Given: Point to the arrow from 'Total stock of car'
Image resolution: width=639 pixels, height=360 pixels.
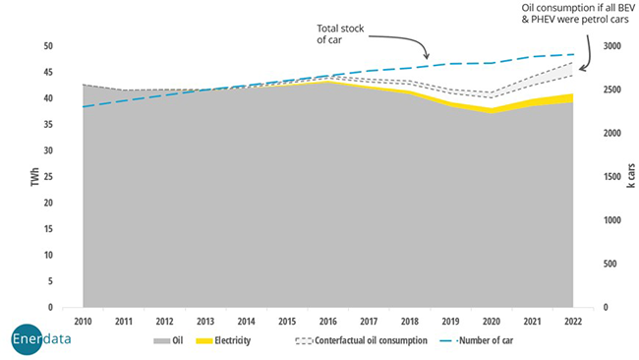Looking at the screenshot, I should click(413, 43).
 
